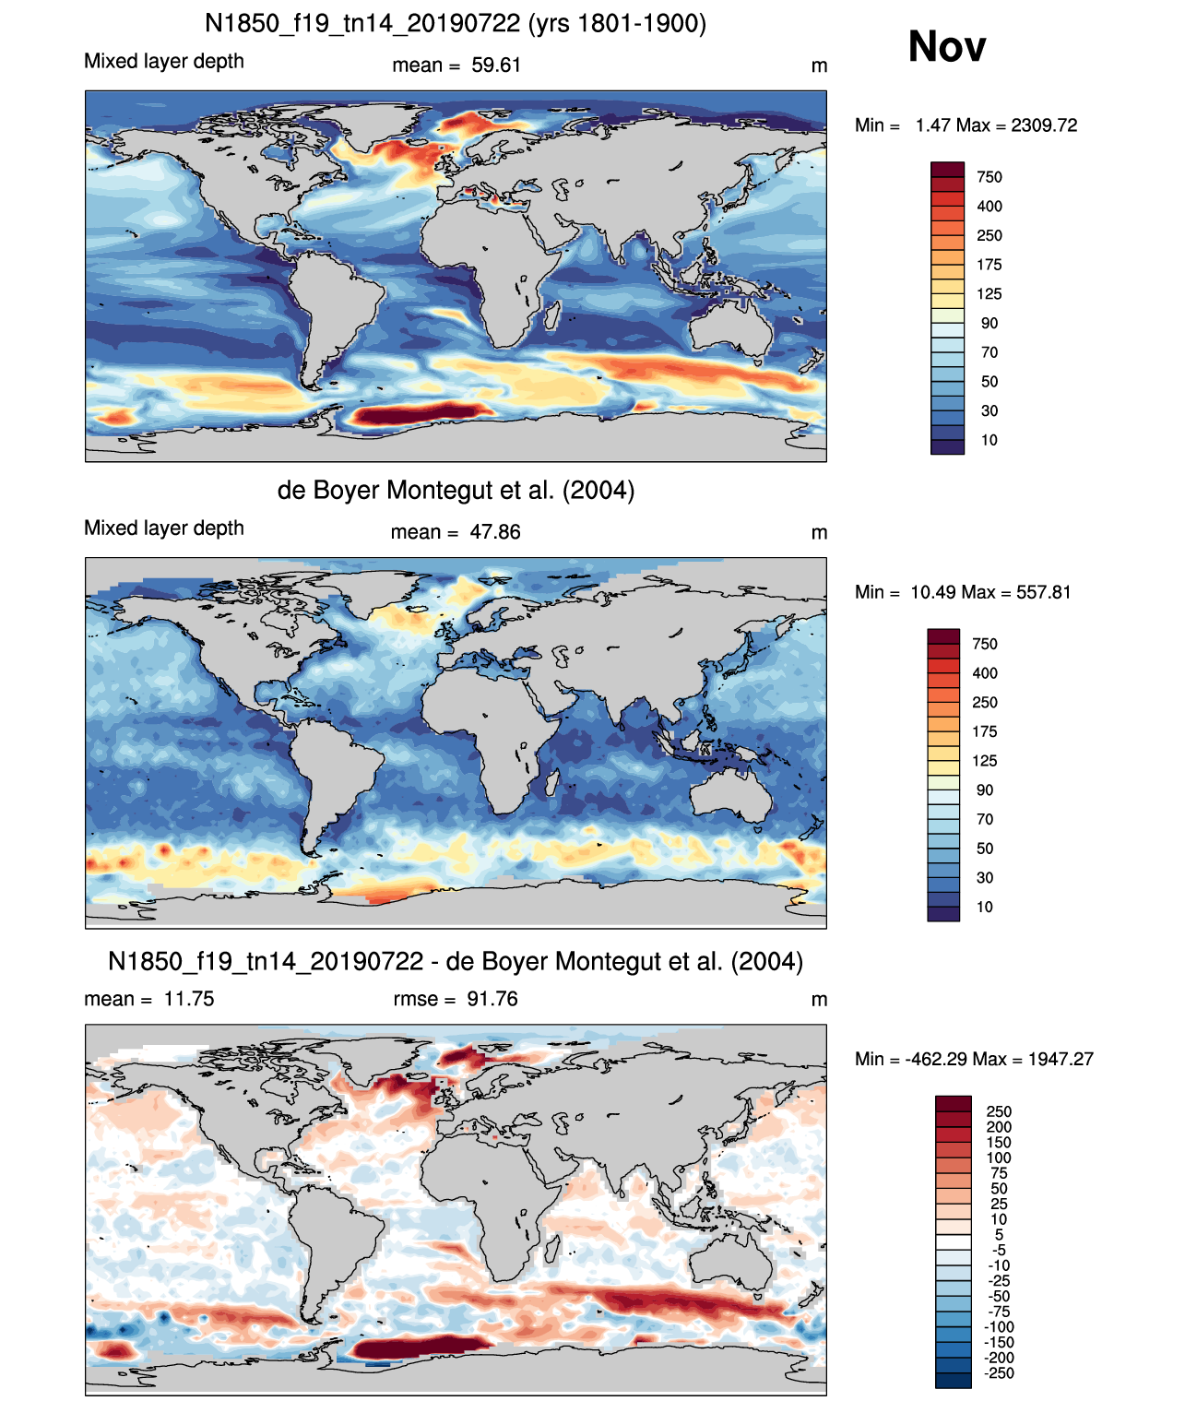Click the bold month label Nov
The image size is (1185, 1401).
tap(946, 47)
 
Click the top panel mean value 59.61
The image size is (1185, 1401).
tap(496, 65)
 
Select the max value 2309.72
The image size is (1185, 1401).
tap(1043, 125)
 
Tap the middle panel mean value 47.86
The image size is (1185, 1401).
tap(495, 532)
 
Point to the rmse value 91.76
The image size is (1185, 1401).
tap(492, 999)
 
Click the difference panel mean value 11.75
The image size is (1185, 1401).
tap(188, 999)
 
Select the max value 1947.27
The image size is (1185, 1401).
tap(1061, 1060)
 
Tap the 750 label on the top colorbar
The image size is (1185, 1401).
tap(989, 178)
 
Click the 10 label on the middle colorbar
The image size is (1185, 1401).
tap(985, 907)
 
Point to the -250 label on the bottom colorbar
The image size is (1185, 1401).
tap(1000, 1372)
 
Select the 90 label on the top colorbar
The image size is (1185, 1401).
tap(989, 324)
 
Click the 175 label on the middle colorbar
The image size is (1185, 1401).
tap(985, 732)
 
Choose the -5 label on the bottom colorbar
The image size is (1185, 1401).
tap(999, 1250)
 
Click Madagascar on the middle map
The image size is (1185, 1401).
tap(553, 783)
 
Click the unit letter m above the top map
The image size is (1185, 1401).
tap(819, 66)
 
